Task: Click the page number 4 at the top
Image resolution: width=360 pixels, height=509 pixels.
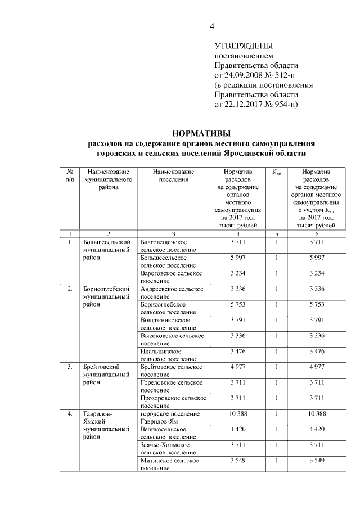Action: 213,26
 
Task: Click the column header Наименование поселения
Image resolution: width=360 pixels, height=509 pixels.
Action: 173,175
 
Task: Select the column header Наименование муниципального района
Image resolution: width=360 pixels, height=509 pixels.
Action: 108,179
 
